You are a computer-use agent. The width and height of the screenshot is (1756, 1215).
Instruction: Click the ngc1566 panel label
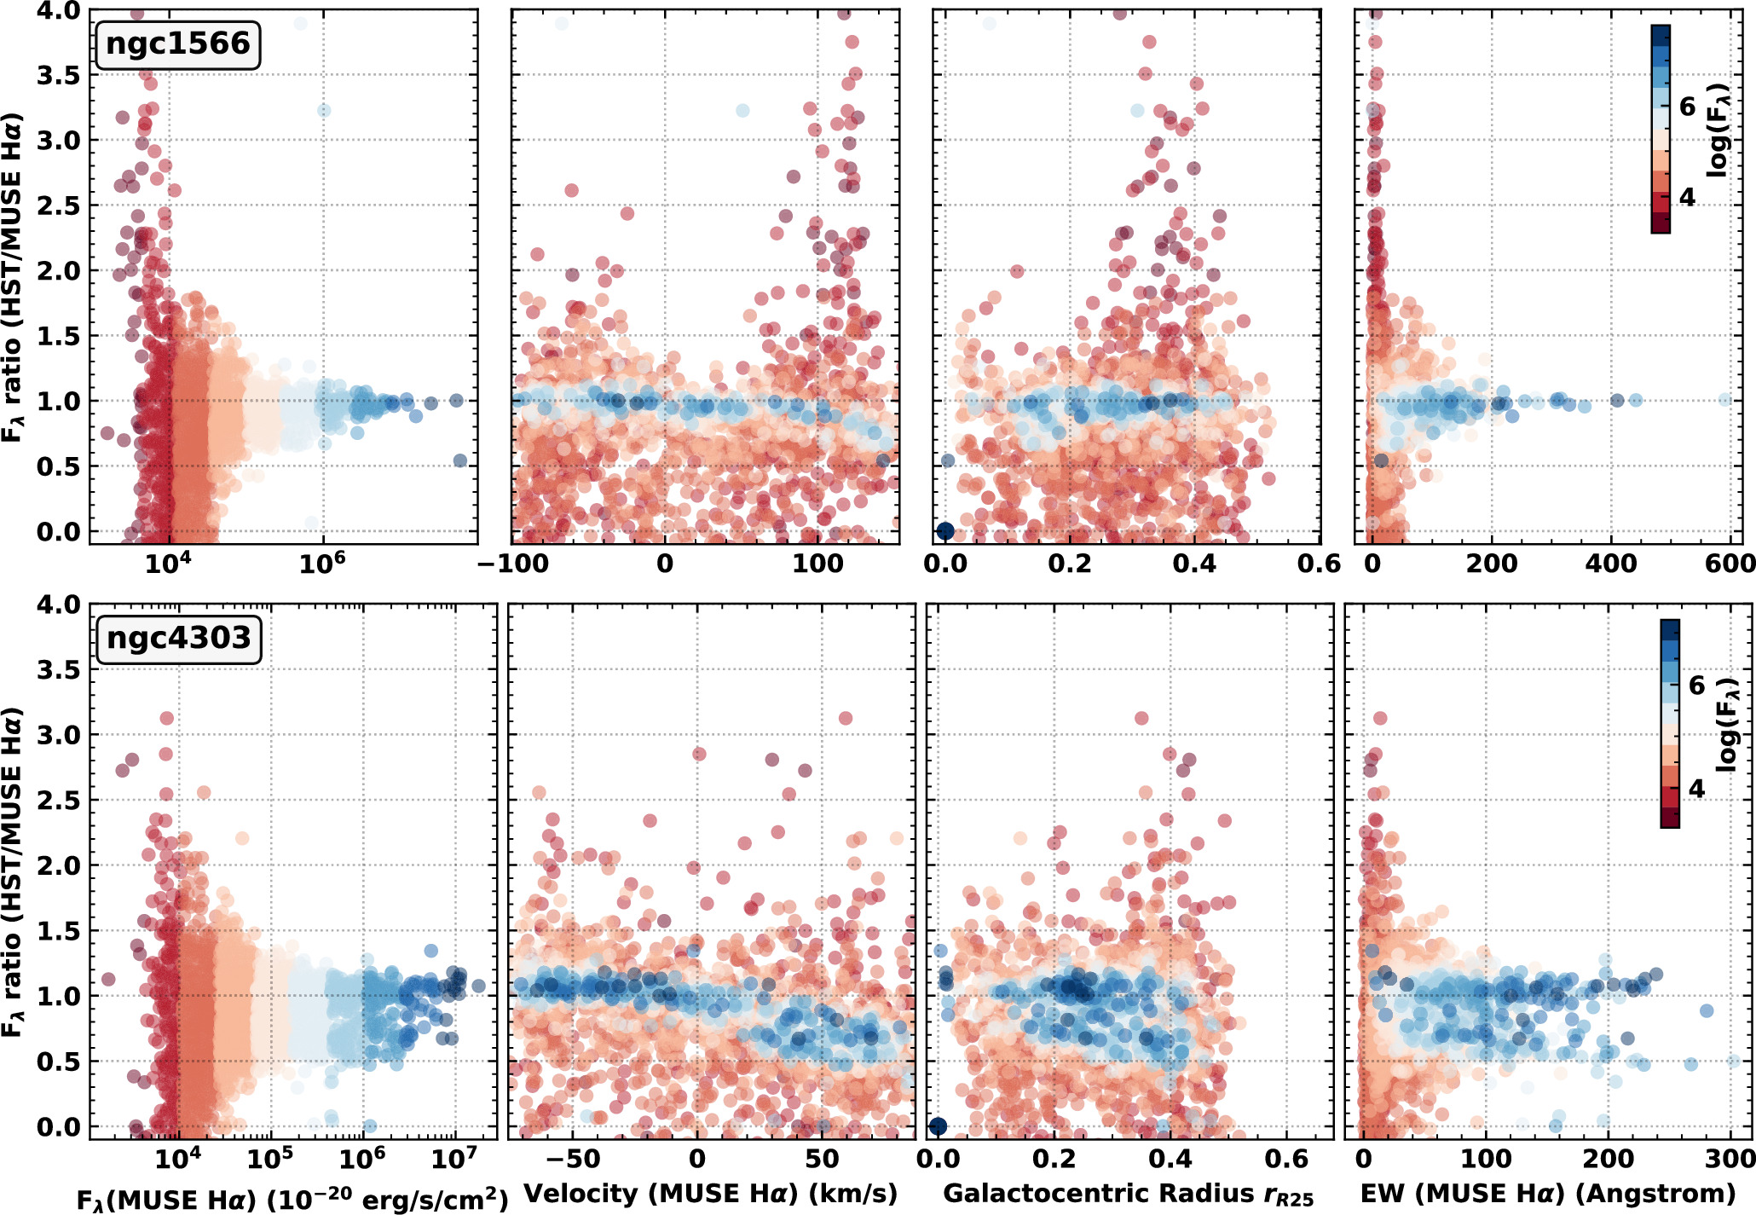pyautogui.click(x=177, y=44)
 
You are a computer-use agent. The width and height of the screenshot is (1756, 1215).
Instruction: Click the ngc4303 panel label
pyautogui.click(x=178, y=638)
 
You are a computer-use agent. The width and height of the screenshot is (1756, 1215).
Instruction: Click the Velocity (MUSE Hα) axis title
pyautogui.click(x=710, y=1194)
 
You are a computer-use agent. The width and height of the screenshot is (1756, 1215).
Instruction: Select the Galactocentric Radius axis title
pyautogui.click(x=1129, y=1195)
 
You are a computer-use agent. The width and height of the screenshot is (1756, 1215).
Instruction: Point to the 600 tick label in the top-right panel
pyautogui.click(x=1731, y=563)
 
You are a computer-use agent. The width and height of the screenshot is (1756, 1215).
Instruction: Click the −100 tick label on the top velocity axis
pyautogui.click(x=511, y=563)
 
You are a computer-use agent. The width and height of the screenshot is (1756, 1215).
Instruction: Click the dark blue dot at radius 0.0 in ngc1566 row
pyautogui.click(x=944, y=531)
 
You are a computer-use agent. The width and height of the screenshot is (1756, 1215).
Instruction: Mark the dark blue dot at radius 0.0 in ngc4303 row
pyautogui.click(x=938, y=1126)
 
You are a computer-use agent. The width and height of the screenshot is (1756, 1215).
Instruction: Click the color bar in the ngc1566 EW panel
pyautogui.click(x=1660, y=129)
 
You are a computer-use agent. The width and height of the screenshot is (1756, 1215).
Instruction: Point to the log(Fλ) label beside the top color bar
pyautogui.click(x=1718, y=130)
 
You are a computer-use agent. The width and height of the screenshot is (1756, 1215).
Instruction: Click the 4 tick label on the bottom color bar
pyautogui.click(x=1697, y=789)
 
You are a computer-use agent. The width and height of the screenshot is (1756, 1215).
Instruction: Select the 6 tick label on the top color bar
pyautogui.click(x=1688, y=107)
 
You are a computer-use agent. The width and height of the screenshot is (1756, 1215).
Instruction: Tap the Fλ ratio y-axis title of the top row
pyautogui.click(x=13, y=277)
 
